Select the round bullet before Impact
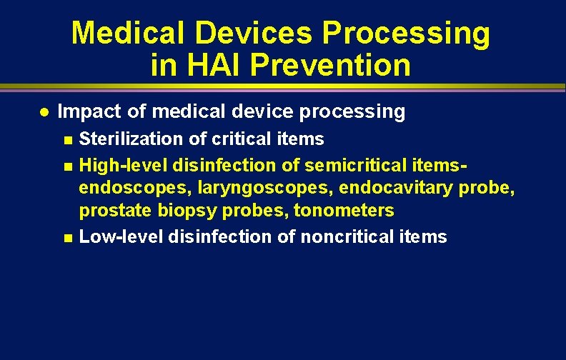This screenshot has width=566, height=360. click(44, 112)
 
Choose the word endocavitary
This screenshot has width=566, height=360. click(404, 189)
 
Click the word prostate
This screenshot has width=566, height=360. click(111, 211)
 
